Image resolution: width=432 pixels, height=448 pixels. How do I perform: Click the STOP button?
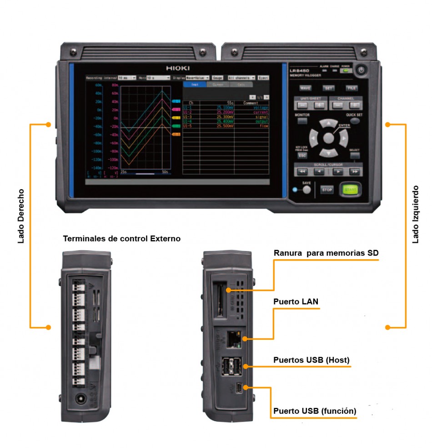pos(327,190)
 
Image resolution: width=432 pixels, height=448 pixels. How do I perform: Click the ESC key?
pos(302,155)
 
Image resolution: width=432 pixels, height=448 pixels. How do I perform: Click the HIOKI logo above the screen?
pos(179,68)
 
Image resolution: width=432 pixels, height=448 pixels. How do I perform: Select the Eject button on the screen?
pos(263,78)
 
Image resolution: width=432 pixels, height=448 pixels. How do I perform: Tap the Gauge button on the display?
pos(217,78)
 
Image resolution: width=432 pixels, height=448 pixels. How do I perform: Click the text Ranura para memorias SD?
pos(326,253)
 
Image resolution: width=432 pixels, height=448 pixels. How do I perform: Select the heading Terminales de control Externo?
pos(121,238)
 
